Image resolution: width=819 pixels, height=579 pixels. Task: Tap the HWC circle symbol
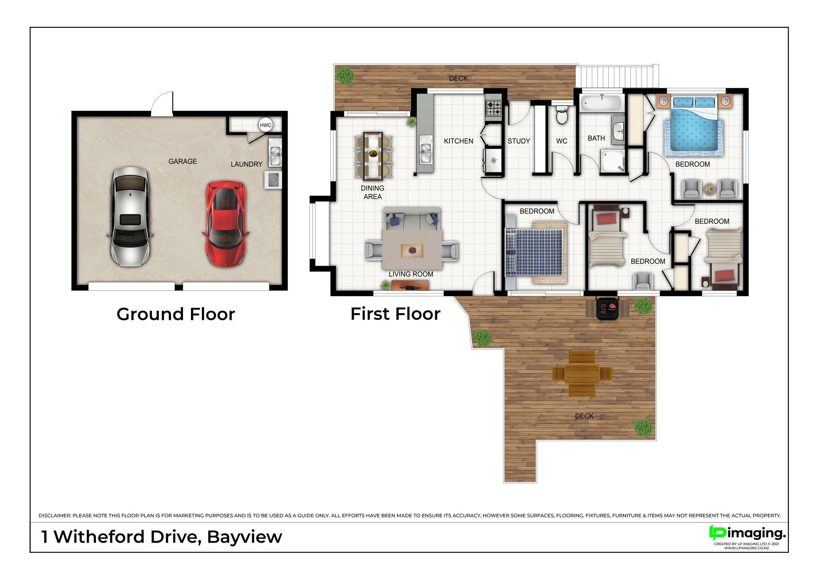[265, 125]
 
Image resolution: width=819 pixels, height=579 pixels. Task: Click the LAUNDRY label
[246, 164]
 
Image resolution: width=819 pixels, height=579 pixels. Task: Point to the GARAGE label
[182, 161]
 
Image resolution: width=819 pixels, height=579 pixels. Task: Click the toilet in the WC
[562, 114]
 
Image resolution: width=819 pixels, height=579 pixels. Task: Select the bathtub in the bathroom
[601, 104]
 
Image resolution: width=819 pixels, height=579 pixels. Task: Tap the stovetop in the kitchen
[494, 108]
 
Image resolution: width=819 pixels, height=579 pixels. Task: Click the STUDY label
[519, 141]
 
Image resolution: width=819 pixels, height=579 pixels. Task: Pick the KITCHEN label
[458, 141]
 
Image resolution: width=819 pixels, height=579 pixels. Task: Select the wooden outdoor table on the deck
[582, 374]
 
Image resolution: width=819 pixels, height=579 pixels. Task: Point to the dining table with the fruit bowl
[373, 156]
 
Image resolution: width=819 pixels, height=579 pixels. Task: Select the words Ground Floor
[176, 314]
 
